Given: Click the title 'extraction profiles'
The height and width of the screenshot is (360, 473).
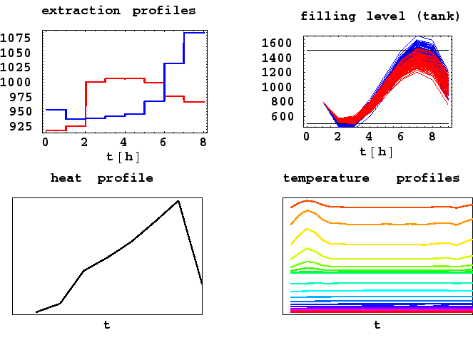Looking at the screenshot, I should tap(118, 11).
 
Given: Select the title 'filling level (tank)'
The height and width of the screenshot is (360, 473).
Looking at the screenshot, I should tap(380, 16).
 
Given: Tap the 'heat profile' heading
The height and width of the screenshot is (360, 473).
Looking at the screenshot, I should tap(102, 178).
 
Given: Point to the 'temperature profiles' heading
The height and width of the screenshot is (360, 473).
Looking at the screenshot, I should tap(371, 178).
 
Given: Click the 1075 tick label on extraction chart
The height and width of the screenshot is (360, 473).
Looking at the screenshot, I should tap(16, 38).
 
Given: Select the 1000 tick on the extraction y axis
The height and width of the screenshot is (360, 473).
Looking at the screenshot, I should tap(16, 82).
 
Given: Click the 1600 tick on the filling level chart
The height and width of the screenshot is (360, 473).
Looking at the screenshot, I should tap(278, 43).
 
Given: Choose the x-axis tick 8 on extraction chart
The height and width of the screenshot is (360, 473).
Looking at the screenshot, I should tap(204, 141).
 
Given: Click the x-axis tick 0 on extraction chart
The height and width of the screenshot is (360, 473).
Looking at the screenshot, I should tap(46, 141).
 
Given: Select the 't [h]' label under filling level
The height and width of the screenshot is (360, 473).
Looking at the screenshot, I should tap(377, 151).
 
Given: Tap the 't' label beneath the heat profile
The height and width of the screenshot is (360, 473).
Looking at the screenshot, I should tap(107, 325).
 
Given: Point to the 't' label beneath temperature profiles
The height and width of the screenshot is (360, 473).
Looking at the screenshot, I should tap(377, 325).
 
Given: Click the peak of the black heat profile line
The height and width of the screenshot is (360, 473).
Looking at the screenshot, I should tap(178, 201).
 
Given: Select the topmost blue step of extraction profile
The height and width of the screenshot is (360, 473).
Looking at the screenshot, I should tap(194, 33).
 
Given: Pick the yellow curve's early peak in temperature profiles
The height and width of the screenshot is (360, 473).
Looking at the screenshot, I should tap(307, 229).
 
